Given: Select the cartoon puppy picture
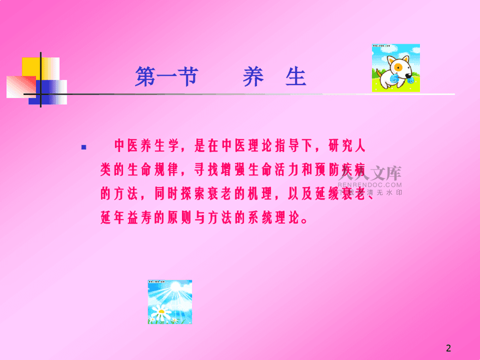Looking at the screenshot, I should pyautogui.click(x=396, y=68).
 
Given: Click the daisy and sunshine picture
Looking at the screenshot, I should pyautogui.click(x=170, y=302).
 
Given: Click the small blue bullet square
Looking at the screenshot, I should pyautogui.click(x=84, y=147).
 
